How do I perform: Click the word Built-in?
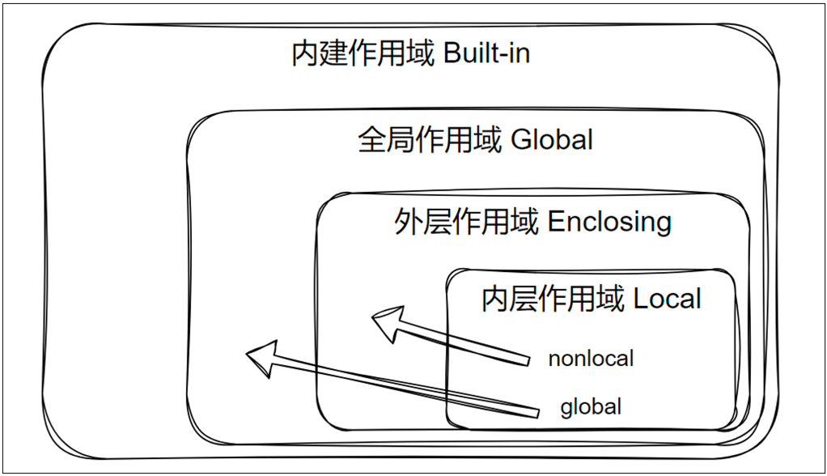click(488, 55)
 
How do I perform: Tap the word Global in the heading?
click(553, 139)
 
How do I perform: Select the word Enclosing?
click(609, 221)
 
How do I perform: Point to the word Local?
click(668, 300)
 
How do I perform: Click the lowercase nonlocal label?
click(591, 358)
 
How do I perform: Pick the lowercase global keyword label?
click(591, 406)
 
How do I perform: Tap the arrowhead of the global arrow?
click(262, 357)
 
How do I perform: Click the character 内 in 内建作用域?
click(305, 55)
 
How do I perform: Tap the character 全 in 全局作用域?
click(371, 139)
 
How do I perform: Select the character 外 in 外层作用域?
click(408, 221)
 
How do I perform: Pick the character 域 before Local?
click(611, 300)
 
